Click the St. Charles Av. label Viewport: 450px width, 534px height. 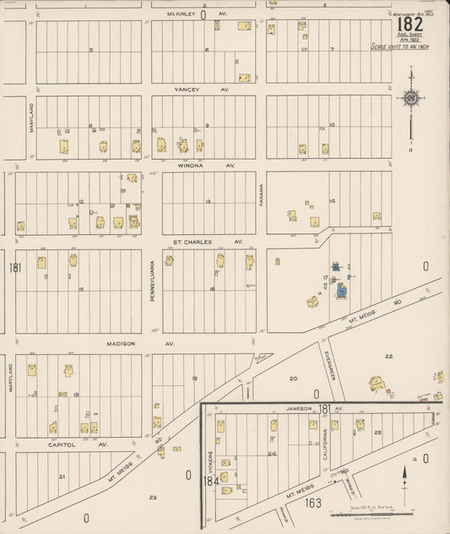(208, 242)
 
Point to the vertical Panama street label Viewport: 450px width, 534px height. (262, 196)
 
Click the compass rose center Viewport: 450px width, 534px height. (410, 98)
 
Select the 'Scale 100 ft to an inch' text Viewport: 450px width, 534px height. (399, 47)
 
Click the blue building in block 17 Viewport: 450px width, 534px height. (340, 291)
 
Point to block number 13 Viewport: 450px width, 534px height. (208, 202)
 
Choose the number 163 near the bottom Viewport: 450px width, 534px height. (314, 502)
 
